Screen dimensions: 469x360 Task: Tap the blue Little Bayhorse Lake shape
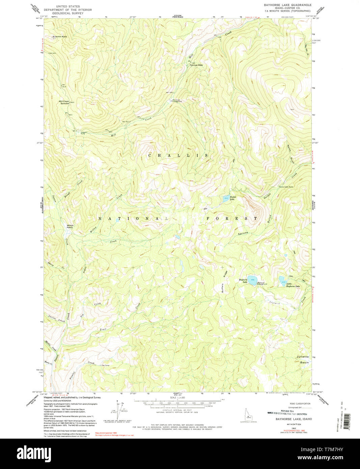281,279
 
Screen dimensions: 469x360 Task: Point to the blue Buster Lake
225,199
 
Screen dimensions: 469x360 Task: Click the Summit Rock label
59,36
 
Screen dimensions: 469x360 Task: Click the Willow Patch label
70,226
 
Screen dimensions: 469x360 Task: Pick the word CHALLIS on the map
178,155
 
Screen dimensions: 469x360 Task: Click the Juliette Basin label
303,359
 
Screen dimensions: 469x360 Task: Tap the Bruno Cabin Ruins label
286,187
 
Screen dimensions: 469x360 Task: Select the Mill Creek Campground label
177,101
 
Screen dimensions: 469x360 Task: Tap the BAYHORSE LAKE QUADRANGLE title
287,5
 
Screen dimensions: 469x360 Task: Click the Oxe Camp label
105,365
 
